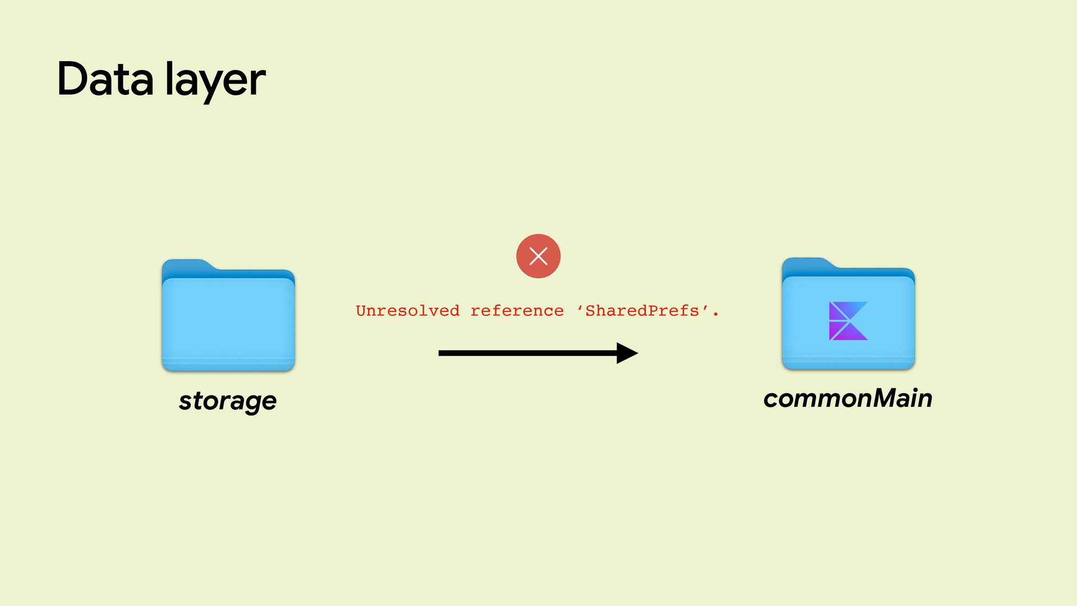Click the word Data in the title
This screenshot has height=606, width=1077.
pos(105,79)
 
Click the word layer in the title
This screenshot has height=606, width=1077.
pos(215,80)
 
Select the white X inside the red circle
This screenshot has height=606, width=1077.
pos(538,256)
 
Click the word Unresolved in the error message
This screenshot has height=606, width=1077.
pos(407,311)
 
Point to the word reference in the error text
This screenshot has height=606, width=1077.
pos(517,311)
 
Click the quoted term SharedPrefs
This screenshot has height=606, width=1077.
pos(642,311)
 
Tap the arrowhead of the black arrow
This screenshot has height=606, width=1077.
pos(627,353)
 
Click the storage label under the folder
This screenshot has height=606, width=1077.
pos(228,401)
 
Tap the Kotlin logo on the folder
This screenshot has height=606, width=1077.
pos(848,321)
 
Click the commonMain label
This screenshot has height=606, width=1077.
pos(848,398)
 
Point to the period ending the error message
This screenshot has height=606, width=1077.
pos(715,315)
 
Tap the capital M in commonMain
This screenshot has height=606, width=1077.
pos(887,398)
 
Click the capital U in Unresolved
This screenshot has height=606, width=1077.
pos(361,311)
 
